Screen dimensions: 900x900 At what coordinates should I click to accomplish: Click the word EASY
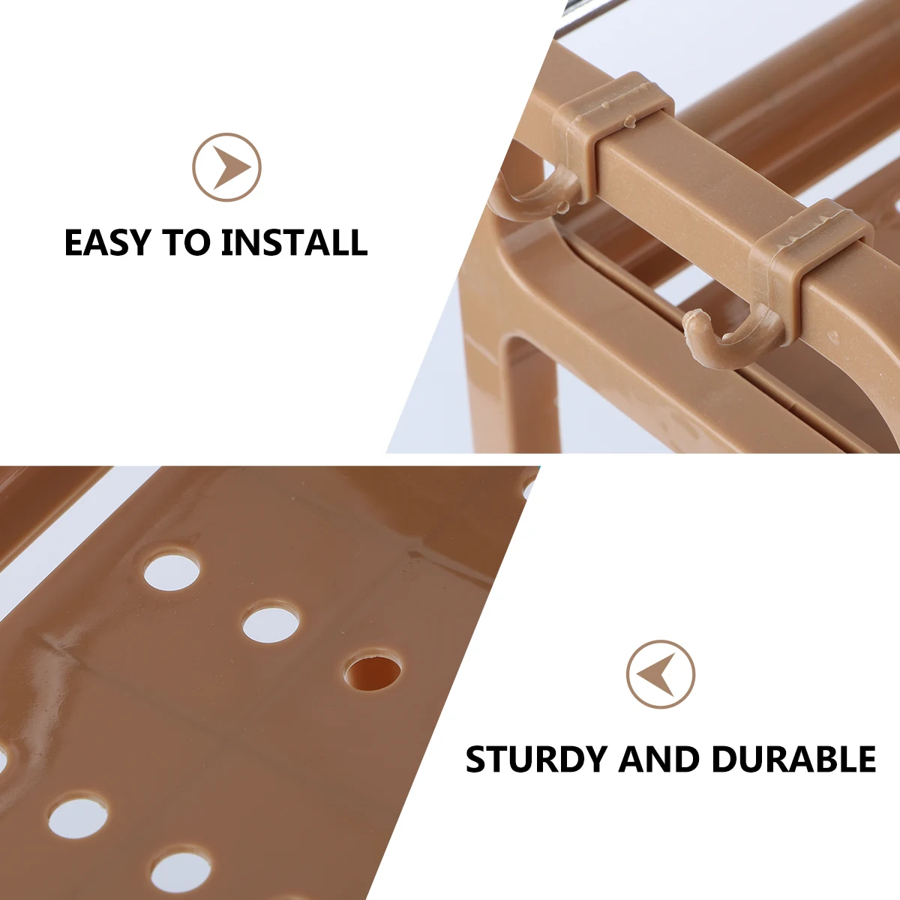click(108, 243)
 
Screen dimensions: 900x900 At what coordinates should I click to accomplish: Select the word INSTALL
click(295, 243)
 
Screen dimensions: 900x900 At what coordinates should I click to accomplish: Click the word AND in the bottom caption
click(658, 759)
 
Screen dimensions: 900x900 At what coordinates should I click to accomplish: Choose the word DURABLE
click(793, 759)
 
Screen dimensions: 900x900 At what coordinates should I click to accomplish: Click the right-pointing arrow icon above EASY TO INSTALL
click(226, 166)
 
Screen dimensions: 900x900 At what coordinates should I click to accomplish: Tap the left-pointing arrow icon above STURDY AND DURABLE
click(661, 674)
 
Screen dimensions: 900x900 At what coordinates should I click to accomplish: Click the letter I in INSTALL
click(227, 243)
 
